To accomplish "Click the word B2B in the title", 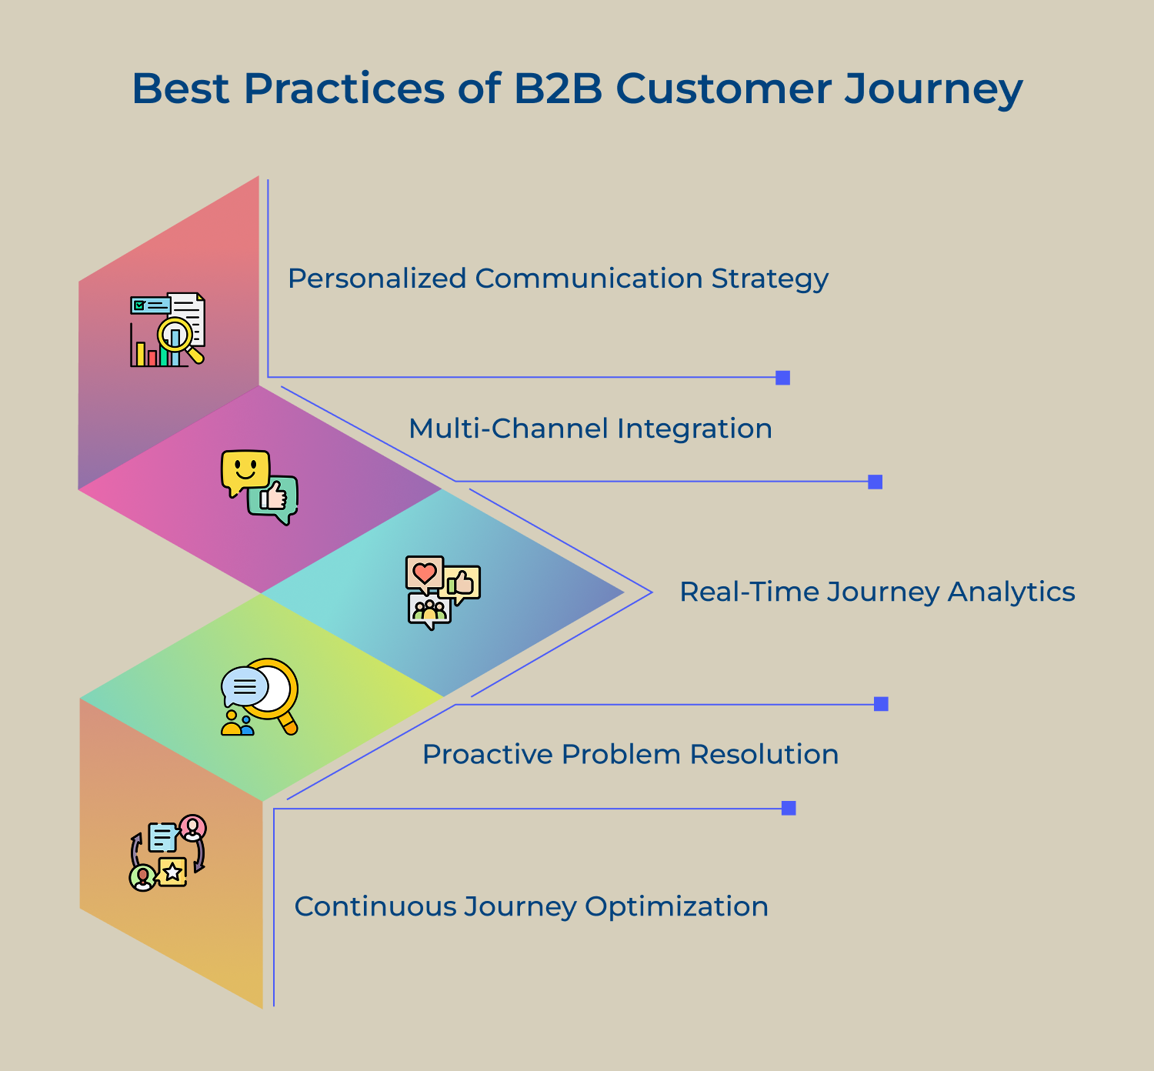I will click(558, 88).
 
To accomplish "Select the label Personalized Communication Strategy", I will click(558, 279).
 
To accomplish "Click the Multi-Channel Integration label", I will click(590, 429).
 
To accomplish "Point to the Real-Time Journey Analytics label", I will click(877, 592).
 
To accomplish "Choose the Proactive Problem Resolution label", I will click(630, 754).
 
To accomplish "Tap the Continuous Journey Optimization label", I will click(531, 906).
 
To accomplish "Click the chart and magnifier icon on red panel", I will click(168, 329).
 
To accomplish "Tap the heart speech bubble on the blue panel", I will click(424, 573).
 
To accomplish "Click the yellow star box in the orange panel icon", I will click(173, 872).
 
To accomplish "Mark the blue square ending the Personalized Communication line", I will click(783, 378).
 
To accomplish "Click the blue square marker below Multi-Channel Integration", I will click(875, 482).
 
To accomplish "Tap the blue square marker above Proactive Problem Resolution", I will click(881, 704).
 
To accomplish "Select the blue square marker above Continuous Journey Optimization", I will click(789, 808).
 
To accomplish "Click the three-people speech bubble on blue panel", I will click(429, 610).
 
